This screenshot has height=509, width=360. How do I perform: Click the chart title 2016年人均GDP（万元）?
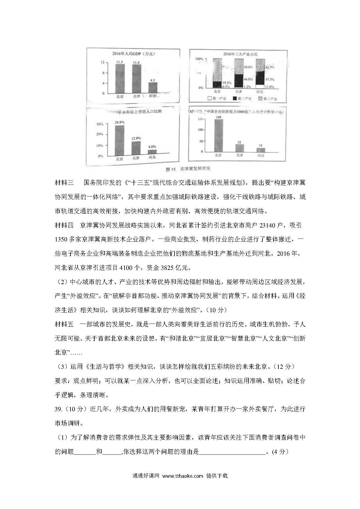coord(136,54)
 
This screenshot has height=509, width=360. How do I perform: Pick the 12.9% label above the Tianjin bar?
coord(136,138)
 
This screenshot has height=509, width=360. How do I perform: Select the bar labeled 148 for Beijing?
coord(219,136)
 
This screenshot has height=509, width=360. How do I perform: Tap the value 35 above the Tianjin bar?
coord(239,142)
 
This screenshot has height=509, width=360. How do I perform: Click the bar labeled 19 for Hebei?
coord(261,150)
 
